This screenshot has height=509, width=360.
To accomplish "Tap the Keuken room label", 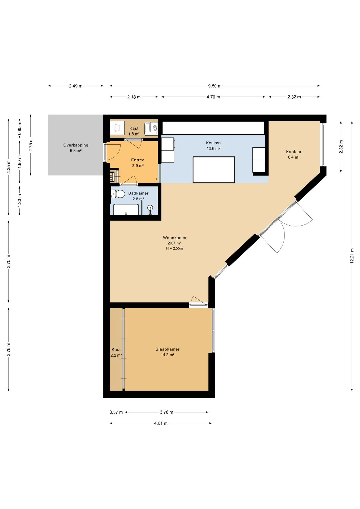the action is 213,143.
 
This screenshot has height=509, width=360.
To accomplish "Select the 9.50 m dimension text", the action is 215,86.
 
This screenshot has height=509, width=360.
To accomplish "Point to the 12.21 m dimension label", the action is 352,256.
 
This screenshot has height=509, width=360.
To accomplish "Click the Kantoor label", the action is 294,152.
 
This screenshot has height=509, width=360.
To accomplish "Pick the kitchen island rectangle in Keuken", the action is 214,170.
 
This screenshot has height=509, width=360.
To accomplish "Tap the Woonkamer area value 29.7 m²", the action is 174,243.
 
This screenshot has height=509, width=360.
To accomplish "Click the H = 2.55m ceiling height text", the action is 174,248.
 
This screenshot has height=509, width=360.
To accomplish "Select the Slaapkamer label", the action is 168,349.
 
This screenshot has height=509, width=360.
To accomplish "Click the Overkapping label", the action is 76,145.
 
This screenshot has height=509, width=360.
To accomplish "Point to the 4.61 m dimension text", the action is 161,423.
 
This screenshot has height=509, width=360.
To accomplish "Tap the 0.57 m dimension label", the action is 116,412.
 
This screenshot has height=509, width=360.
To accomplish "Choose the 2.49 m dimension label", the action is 76,86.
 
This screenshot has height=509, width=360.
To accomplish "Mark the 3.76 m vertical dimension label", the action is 8,349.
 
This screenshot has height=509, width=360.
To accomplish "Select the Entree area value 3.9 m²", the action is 138,165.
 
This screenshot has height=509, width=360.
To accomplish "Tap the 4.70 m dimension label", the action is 213,97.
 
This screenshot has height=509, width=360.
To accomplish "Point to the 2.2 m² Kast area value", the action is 116,355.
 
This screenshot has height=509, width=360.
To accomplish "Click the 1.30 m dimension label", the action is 19,200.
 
